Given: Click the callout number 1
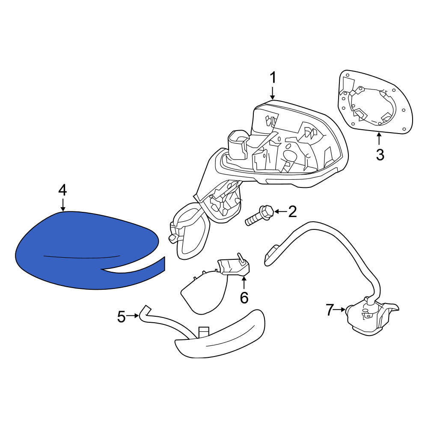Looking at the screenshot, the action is (x=273, y=78).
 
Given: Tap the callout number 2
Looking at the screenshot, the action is (x=292, y=211).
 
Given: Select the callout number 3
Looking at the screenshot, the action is (x=380, y=155).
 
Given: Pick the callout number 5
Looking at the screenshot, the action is (x=122, y=317).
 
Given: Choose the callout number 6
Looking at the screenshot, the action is (x=244, y=297).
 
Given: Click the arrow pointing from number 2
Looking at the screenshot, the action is (x=280, y=211).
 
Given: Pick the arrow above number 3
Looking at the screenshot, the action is (x=379, y=139).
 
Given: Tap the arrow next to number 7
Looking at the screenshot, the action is (x=340, y=309).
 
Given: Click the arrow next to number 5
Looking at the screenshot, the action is (x=133, y=315).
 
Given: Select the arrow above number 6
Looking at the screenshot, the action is (x=244, y=282).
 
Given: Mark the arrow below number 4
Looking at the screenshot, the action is (x=63, y=205).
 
